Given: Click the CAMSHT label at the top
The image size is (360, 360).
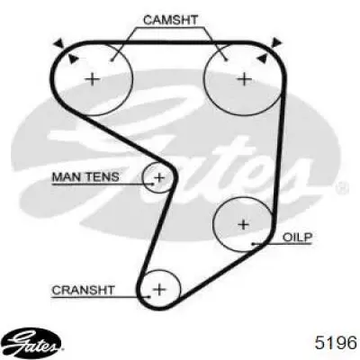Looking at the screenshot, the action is [170, 20].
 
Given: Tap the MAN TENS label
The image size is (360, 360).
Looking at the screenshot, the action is [85, 176].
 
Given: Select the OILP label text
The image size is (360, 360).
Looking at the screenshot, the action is [298, 238].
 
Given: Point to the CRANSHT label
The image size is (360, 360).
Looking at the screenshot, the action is [83, 290].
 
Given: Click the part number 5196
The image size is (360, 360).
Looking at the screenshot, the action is [336, 342].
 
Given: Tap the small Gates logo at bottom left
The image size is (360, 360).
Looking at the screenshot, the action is [33, 342].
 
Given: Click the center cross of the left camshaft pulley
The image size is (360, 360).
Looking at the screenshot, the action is [93, 79].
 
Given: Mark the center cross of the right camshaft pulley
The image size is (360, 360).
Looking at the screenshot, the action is [244, 79].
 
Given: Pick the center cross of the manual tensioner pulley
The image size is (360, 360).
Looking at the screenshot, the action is [159, 178].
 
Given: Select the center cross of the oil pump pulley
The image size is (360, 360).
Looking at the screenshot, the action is [243, 224].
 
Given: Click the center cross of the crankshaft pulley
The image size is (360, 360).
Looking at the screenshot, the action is [159, 290].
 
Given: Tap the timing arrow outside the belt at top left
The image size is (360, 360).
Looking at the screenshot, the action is [59, 43].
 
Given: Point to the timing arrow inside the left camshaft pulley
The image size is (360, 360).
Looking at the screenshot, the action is [73, 58].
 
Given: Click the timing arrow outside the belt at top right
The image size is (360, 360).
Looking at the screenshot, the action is [276, 43].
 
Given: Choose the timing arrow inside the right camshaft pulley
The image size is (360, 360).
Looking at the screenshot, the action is [262, 58].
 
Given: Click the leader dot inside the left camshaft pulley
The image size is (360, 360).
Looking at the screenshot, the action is [112, 60].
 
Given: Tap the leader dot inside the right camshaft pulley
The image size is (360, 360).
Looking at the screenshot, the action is [226, 60].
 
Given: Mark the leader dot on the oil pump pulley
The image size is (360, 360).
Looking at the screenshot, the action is [253, 244].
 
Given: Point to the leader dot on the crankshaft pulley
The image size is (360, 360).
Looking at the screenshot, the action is [149, 297].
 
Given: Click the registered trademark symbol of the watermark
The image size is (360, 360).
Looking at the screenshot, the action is [342, 188].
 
